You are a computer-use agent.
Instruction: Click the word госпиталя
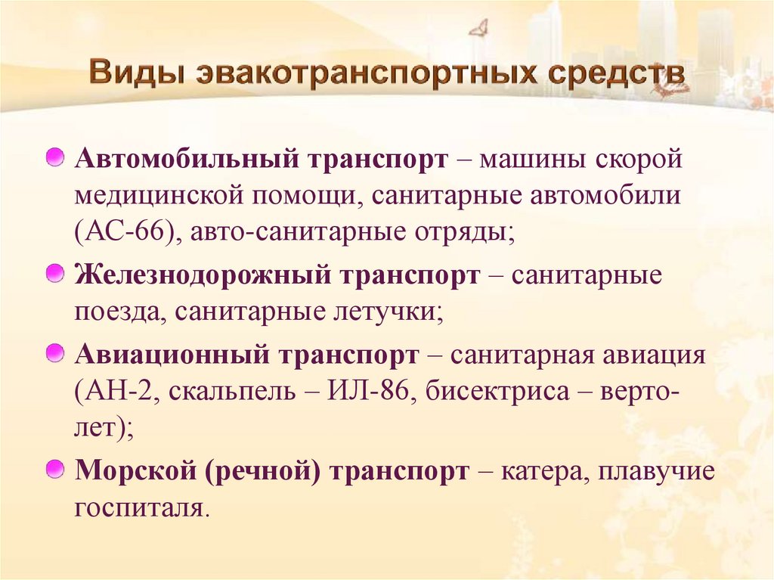pyautogui.click(x=138, y=507)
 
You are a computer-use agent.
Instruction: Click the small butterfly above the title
pyautogui.click(x=478, y=29)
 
